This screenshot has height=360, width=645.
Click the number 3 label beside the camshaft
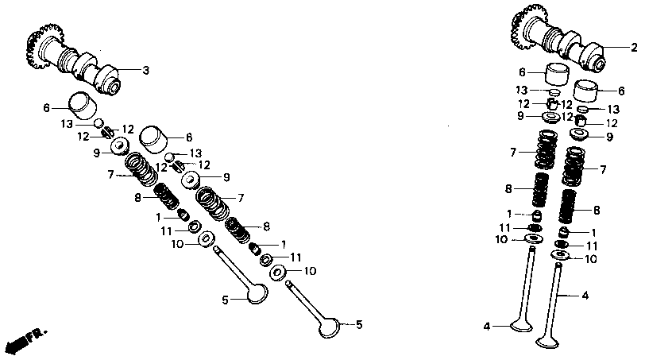[146, 71]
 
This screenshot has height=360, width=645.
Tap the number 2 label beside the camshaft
[634, 48]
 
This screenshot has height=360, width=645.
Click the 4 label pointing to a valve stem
[585, 296]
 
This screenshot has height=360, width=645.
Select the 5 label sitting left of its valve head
[226, 300]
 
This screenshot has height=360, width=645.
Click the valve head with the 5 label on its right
[329, 327]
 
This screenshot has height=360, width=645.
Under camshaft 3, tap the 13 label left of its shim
[67, 123]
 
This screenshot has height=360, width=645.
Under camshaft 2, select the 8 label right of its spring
[597, 211]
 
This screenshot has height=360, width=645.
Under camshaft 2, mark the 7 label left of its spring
[514, 151]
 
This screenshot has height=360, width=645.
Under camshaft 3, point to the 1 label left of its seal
[158, 216]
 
